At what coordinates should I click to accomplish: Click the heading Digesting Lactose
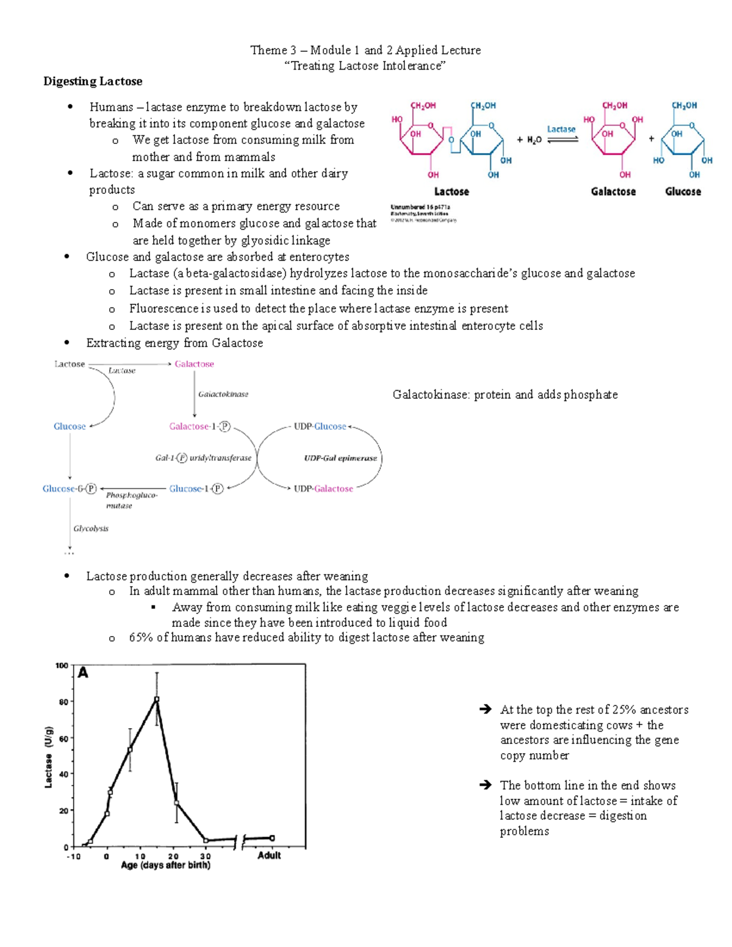click(93, 81)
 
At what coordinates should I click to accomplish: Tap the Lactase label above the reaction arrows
click(561, 129)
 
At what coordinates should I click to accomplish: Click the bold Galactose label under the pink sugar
click(613, 191)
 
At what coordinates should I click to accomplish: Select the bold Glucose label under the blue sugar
click(683, 191)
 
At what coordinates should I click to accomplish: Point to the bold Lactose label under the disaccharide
click(451, 191)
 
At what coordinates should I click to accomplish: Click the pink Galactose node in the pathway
click(194, 364)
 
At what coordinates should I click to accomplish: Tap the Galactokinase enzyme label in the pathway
click(223, 394)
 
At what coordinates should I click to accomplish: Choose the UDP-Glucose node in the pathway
click(320, 426)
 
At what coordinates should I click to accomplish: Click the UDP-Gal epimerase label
click(340, 458)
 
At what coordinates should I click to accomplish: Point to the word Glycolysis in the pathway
click(91, 528)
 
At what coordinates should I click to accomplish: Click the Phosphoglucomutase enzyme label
click(131, 500)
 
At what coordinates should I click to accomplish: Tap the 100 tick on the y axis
click(62, 665)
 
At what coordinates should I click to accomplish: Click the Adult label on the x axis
click(269, 855)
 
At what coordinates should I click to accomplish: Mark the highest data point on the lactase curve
click(157, 699)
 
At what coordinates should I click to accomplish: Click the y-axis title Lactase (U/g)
click(49, 757)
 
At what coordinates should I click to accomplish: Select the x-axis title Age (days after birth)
click(165, 865)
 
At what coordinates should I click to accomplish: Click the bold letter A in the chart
click(83, 673)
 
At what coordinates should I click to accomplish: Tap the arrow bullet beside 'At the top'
click(485, 709)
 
